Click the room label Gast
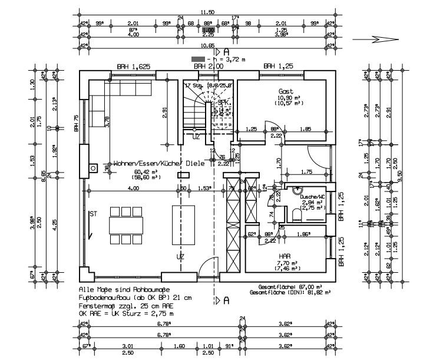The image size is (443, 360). (286, 91)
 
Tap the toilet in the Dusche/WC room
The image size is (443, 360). (296, 214)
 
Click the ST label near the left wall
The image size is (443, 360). (92, 214)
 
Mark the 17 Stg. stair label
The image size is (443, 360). (193, 86)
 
